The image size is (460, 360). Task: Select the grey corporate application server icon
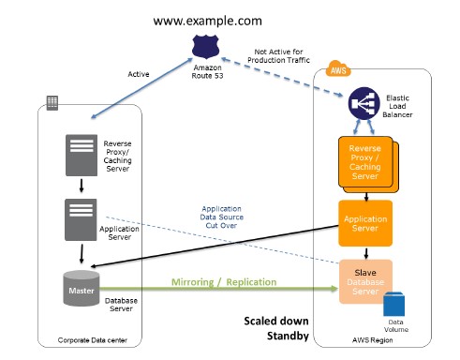pyautogui.click(x=81, y=219)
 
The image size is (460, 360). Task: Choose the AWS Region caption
pyautogui.click(x=375, y=338)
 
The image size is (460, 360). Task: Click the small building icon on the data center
pyautogui.click(x=52, y=100)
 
